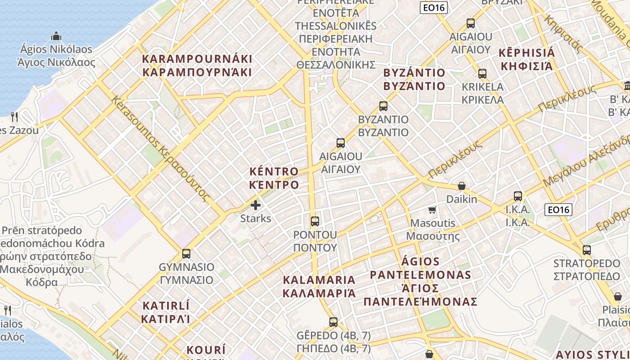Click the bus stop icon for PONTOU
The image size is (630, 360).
[315, 221]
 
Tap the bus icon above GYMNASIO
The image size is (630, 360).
[186, 254]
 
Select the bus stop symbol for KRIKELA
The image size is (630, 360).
[482, 74]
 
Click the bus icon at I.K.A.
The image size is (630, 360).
[518, 196]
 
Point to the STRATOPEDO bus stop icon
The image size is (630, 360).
[587, 250]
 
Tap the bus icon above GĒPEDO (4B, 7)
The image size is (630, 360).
[333, 322]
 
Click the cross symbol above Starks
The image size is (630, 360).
[256, 206]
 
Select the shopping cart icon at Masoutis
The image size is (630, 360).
[432, 210]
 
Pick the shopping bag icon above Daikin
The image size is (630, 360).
[461, 186]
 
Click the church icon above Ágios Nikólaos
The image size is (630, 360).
[56, 36]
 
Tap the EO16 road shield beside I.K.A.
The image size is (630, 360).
[558, 209]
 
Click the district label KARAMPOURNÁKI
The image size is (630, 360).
[197, 59]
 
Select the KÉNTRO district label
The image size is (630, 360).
[274, 171]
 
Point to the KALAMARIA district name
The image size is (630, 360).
[319, 280]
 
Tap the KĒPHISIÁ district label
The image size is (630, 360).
[527, 53]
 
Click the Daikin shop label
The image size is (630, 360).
[462, 199]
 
